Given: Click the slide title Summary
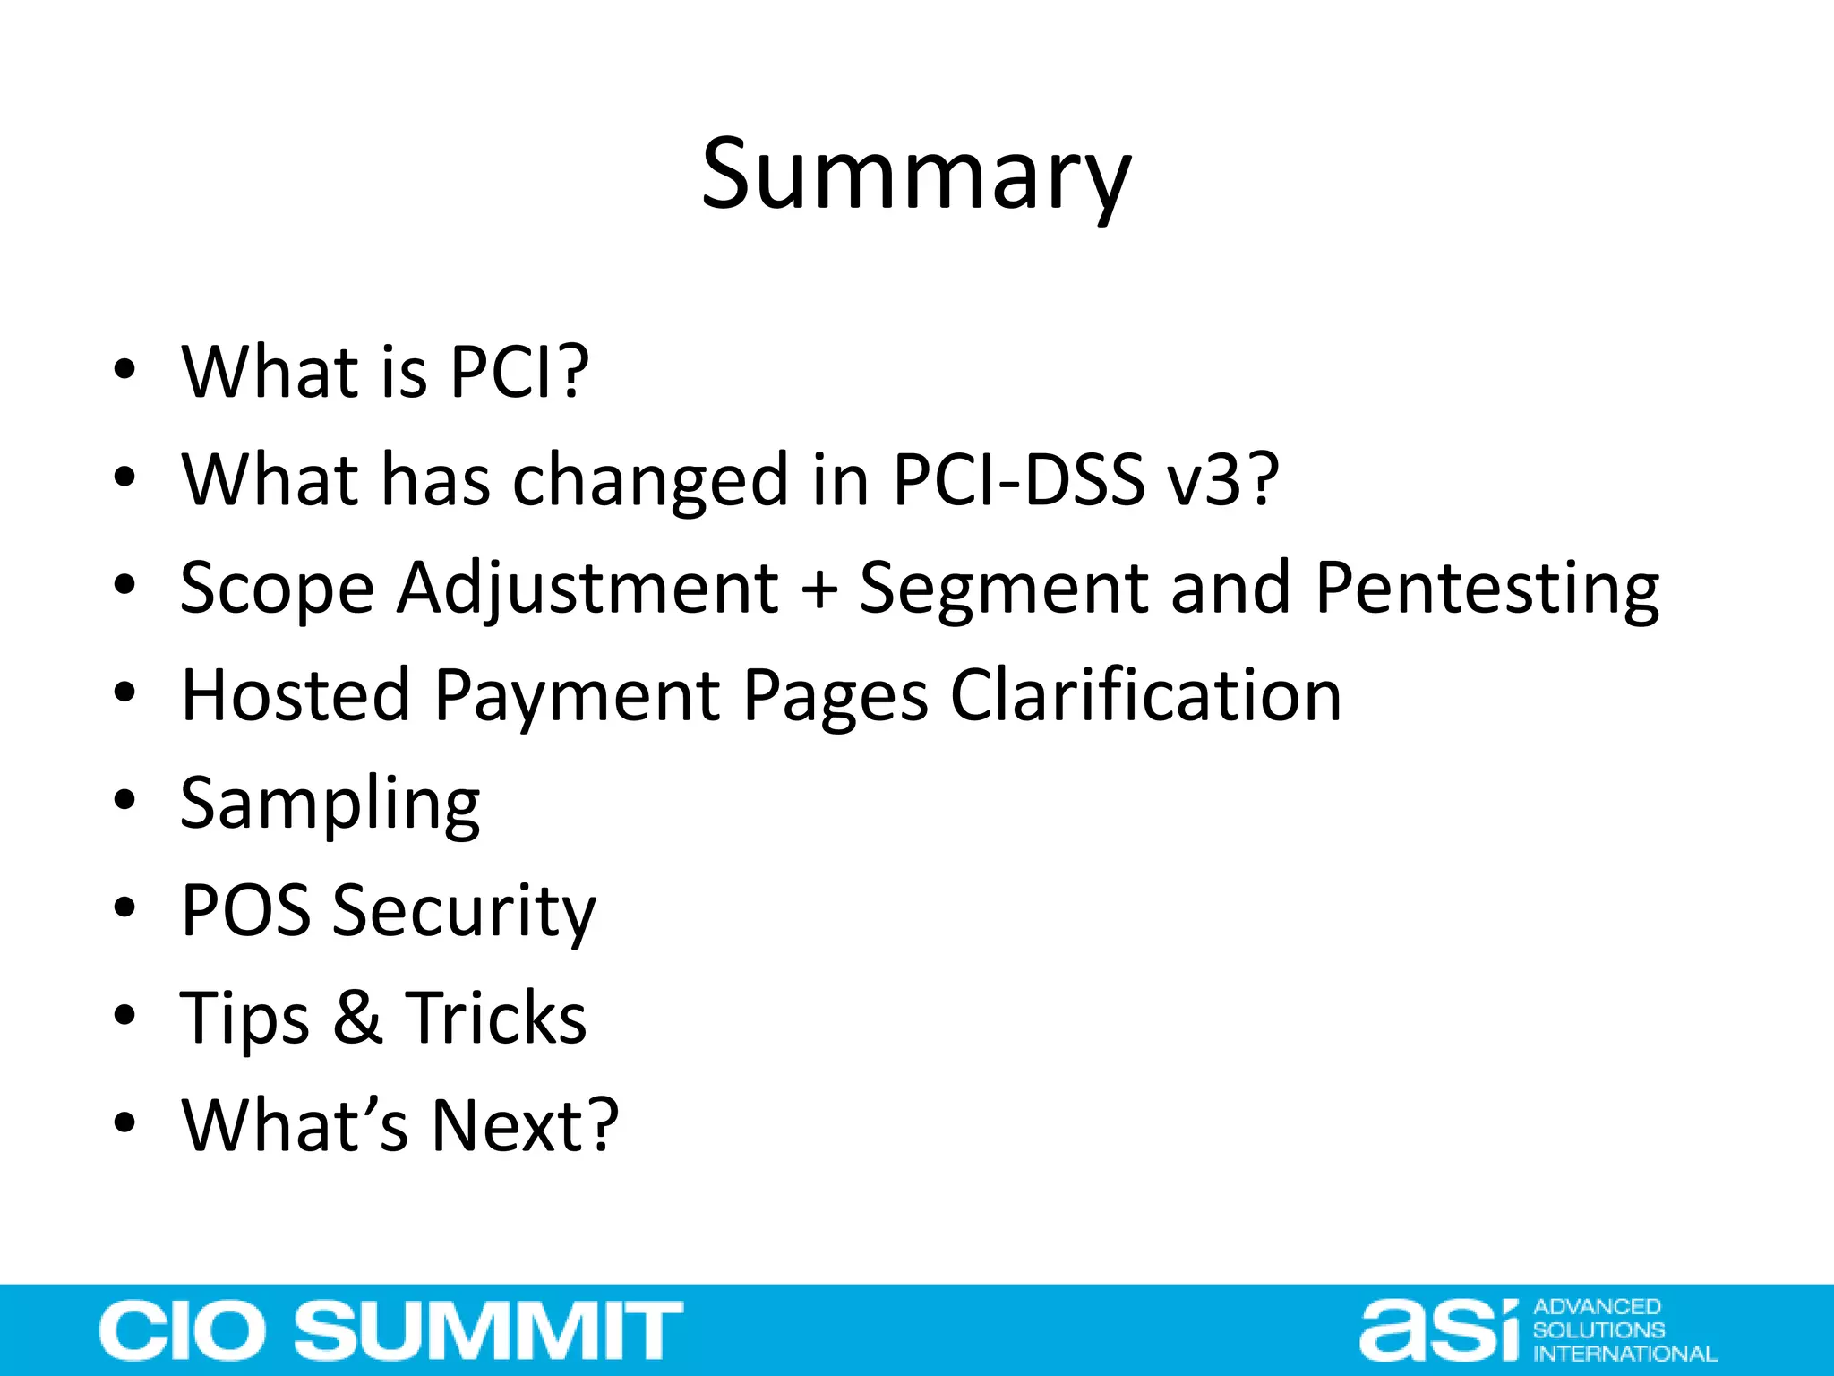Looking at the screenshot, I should click(x=915, y=176).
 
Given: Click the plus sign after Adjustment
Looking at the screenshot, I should click(x=818, y=589).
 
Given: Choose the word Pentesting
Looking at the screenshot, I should click(x=1487, y=589).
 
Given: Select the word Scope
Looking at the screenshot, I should click(x=277, y=589).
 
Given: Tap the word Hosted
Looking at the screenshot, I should click(x=296, y=695).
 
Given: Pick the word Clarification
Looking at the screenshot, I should click(x=1145, y=695).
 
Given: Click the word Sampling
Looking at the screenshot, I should click(x=330, y=804).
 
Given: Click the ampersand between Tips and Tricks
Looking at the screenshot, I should click(x=357, y=1019).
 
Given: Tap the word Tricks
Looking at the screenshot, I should click(x=496, y=1019).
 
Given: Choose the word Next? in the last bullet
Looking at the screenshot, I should click(x=525, y=1125).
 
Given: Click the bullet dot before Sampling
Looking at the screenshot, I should click(x=124, y=798).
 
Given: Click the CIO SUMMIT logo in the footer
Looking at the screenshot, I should click(x=390, y=1330).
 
